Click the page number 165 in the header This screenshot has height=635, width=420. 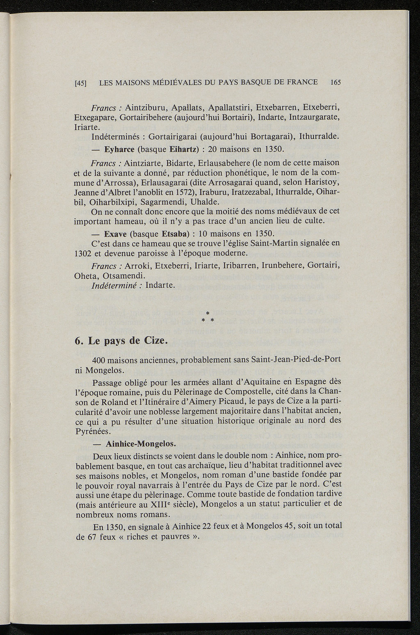tap(336, 83)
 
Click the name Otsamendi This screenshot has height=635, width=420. tap(128, 275)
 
